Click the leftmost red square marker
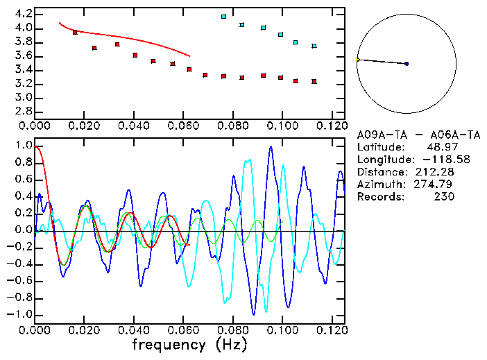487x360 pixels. [x=75, y=33]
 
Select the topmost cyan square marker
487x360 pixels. [x=223, y=17]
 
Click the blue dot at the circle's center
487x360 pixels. [x=407, y=64]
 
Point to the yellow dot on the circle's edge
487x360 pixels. [x=357, y=60]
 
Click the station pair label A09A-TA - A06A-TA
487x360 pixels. [x=408, y=135]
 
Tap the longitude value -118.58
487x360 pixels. [x=433, y=160]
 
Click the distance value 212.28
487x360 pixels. [x=436, y=172]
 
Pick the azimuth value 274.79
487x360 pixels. [x=436, y=185]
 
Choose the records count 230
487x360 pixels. [x=443, y=197]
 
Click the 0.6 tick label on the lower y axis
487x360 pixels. [x=23, y=180]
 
